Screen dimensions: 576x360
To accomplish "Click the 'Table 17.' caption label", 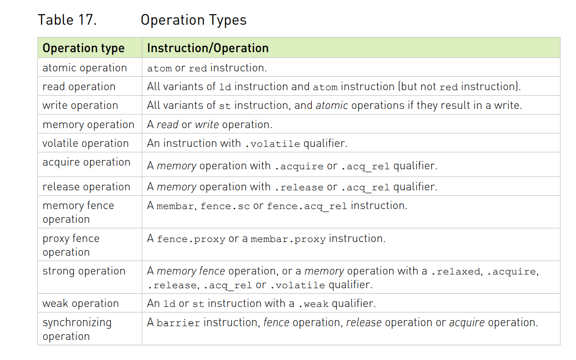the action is click(x=67, y=20).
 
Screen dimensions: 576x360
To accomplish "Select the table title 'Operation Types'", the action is click(x=193, y=20).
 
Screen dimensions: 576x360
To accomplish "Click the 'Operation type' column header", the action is click(x=83, y=48).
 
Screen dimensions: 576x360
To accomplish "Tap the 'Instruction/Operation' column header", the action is click(x=208, y=48).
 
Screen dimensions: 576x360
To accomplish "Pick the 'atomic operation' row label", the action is click(x=85, y=68).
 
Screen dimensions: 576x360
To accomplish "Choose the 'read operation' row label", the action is click(x=79, y=86).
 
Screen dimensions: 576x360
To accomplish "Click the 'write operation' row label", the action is click(x=80, y=105).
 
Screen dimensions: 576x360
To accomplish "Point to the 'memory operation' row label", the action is click(x=88, y=124).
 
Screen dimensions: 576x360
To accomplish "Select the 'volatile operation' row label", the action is click(x=85, y=143).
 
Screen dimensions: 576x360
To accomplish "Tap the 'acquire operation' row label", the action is click(x=86, y=162).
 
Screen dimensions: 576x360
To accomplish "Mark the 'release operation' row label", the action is click(x=86, y=187).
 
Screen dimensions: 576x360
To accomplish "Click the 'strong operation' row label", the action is click(x=84, y=271).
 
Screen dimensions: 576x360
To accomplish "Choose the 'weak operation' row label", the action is click(x=80, y=303).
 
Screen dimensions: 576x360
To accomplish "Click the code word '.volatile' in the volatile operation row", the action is click(x=272, y=144).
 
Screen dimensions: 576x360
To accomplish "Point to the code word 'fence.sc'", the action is click(x=225, y=206).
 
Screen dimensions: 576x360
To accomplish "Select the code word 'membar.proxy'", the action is click(x=288, y=239).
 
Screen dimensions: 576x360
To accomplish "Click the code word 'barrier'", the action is click(x=178, y=323).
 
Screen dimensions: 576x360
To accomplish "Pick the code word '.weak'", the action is click(x=314, y=304).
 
